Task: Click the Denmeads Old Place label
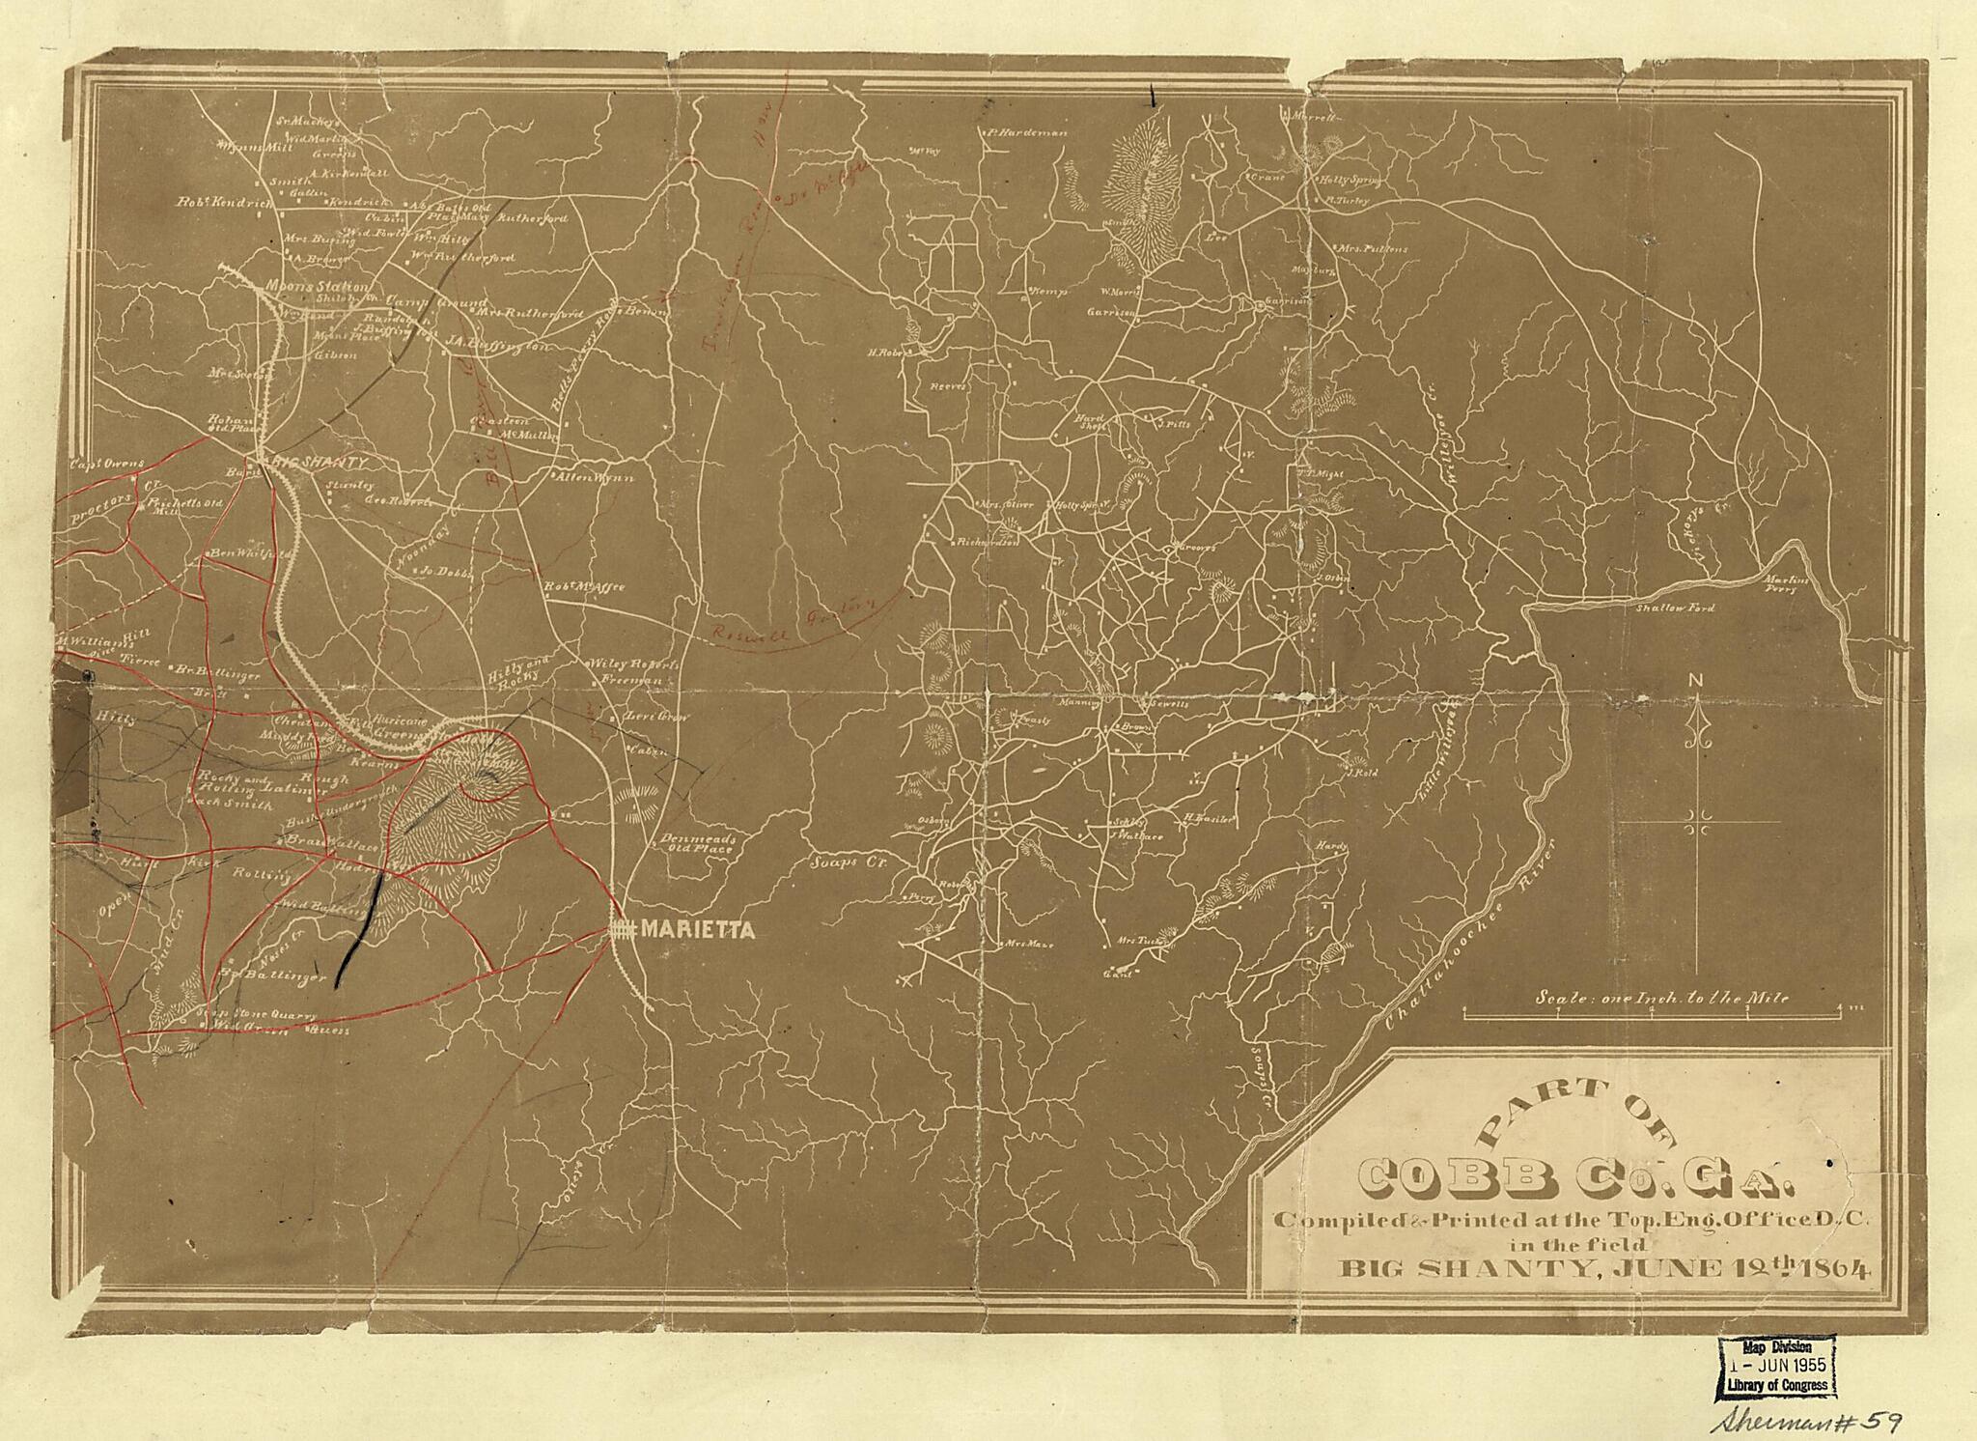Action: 701,843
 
